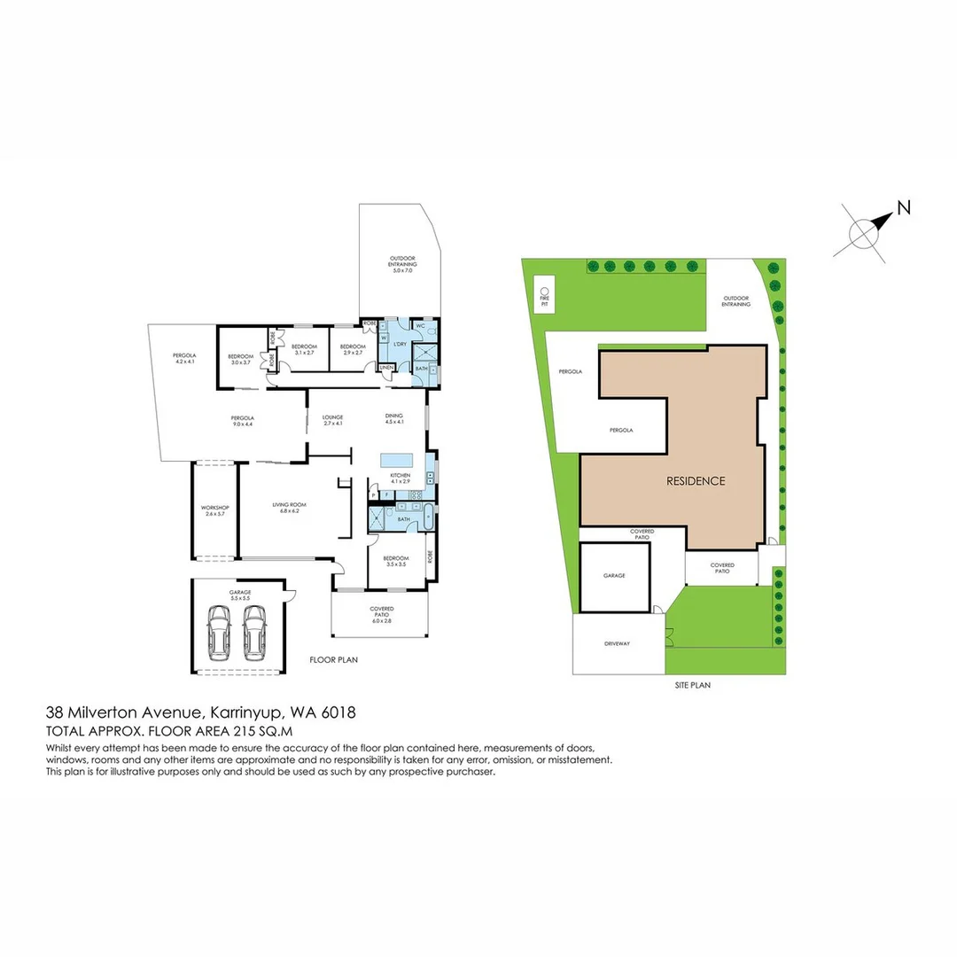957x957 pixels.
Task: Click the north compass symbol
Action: pos(865,232)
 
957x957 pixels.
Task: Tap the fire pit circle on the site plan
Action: pos(544,291)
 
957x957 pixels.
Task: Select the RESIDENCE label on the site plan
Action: pos(696,481)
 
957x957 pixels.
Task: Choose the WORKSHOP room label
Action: pos(215,508)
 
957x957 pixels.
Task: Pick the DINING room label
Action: pos(394,416)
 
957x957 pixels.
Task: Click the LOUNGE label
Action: pos(333,416)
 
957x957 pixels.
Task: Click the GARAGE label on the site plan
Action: pos(614,575)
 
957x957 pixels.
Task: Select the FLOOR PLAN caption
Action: pos(333,660)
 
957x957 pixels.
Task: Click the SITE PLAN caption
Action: pos(694,685)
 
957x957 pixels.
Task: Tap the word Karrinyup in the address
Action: pos(239,712)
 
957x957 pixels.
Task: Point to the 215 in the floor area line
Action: pos(236,732)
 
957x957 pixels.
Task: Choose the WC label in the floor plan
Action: pos(421,327)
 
